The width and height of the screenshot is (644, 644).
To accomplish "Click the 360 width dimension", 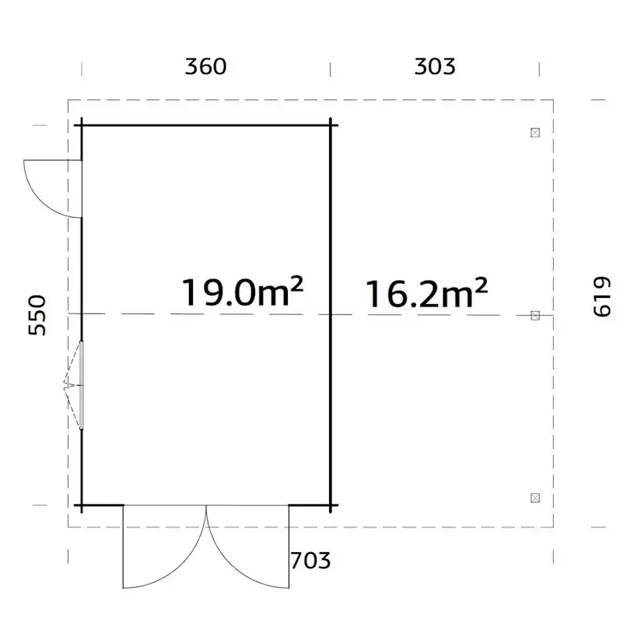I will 205,66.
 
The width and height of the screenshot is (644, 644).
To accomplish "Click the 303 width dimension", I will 435,66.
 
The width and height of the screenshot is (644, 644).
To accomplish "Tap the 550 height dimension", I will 37,314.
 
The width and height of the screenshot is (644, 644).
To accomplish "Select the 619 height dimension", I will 603,297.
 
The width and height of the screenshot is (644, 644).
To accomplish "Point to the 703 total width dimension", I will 310,560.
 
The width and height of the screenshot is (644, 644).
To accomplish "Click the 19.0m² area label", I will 242,293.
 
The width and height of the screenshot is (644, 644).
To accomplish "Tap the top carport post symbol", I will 534,132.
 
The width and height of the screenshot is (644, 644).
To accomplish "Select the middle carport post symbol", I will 535,315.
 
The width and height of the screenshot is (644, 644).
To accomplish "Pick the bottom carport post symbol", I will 534,497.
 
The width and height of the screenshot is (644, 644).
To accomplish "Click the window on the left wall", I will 81,384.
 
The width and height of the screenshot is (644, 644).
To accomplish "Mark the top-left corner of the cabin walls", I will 82,124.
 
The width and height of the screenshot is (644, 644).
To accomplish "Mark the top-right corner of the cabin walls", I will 331,124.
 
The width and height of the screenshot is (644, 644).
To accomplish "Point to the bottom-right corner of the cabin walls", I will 331,505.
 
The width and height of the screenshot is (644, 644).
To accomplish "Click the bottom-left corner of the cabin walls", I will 82,505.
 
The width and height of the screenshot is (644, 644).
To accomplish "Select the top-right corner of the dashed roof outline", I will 554,100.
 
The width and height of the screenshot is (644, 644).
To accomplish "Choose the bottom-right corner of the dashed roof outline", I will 554,526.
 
